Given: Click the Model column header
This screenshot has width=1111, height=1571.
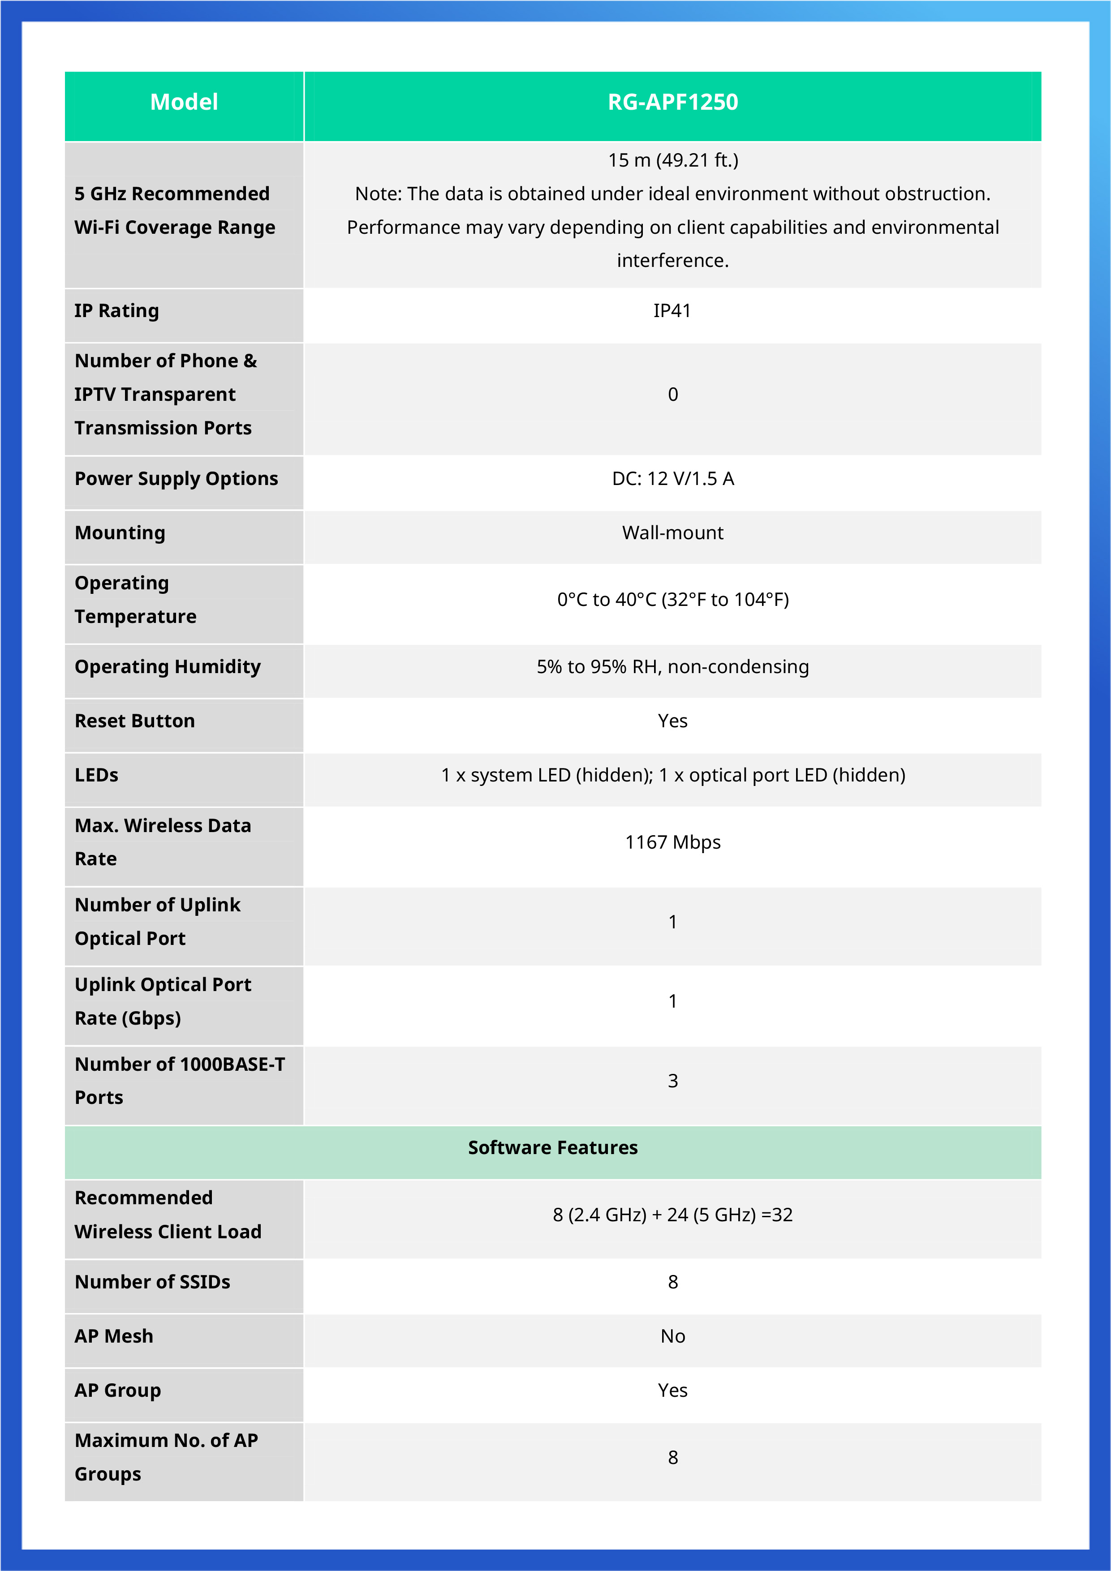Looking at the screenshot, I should [x=184, y=103].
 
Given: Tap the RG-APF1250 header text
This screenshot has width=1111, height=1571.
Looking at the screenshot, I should [x=672, y=103].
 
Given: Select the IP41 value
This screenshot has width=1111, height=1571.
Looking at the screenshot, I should [x=672, y=311].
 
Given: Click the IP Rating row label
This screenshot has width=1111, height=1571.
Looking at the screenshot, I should [x=116, y=311].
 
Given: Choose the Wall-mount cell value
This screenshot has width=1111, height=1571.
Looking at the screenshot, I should [x=672, y=533].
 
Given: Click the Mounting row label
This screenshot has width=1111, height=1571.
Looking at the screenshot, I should [x=120, y=533].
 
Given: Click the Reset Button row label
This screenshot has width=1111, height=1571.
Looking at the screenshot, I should [x=135, y=721].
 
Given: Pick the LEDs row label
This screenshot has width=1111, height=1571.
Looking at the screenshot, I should [x=96, y=775].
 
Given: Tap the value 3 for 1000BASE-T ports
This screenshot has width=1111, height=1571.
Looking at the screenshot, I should [x=672, y=1081].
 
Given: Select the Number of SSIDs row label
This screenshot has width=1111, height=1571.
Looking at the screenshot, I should [x=152, y=1282].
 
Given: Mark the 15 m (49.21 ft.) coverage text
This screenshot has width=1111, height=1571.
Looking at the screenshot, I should [x=672, y=161].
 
